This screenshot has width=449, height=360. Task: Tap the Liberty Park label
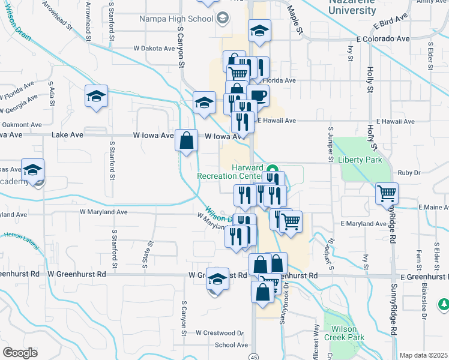click(360, 160)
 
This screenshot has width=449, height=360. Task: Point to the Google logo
click(20, 353)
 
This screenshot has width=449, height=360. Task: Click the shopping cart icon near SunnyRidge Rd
click(387, 194)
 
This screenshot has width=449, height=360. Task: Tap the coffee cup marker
click(258, 96)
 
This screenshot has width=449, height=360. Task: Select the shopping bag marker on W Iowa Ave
click(187, 140)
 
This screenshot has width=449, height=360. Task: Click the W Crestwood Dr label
click(220, 332)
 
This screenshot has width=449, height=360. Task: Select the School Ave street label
click(231, 345)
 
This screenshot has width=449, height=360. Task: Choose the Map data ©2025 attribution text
click(423, 355)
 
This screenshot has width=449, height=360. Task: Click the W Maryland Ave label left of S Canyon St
click(104, 212)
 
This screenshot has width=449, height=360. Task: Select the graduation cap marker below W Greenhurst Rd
click(217, 279)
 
